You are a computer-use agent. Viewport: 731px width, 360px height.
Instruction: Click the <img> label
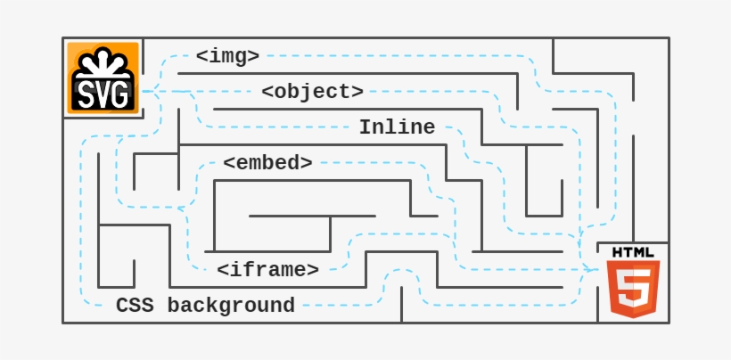pos(227,56)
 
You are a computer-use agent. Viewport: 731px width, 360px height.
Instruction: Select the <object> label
pos(313,92)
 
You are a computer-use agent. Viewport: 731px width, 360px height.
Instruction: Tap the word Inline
pos(397,127)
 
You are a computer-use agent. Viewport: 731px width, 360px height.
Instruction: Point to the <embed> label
pos(267,163)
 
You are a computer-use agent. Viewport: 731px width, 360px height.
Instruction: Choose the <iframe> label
pos(267,270)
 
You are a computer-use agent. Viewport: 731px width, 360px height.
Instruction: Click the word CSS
pos(134,306)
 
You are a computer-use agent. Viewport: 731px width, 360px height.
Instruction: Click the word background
pos(231,306)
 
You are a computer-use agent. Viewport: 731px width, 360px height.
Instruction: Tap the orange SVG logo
pos(103,78)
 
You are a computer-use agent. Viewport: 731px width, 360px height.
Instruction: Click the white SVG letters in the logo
pos(103,93)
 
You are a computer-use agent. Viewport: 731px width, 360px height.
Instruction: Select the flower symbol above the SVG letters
pos(103,62)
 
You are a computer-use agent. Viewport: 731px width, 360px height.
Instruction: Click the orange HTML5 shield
pos(633,288)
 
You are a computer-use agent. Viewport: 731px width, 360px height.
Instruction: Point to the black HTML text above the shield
pos(633,252)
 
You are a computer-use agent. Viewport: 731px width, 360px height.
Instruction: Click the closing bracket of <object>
pos(357,93)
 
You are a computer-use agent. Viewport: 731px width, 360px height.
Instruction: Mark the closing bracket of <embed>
pos(307,164)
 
